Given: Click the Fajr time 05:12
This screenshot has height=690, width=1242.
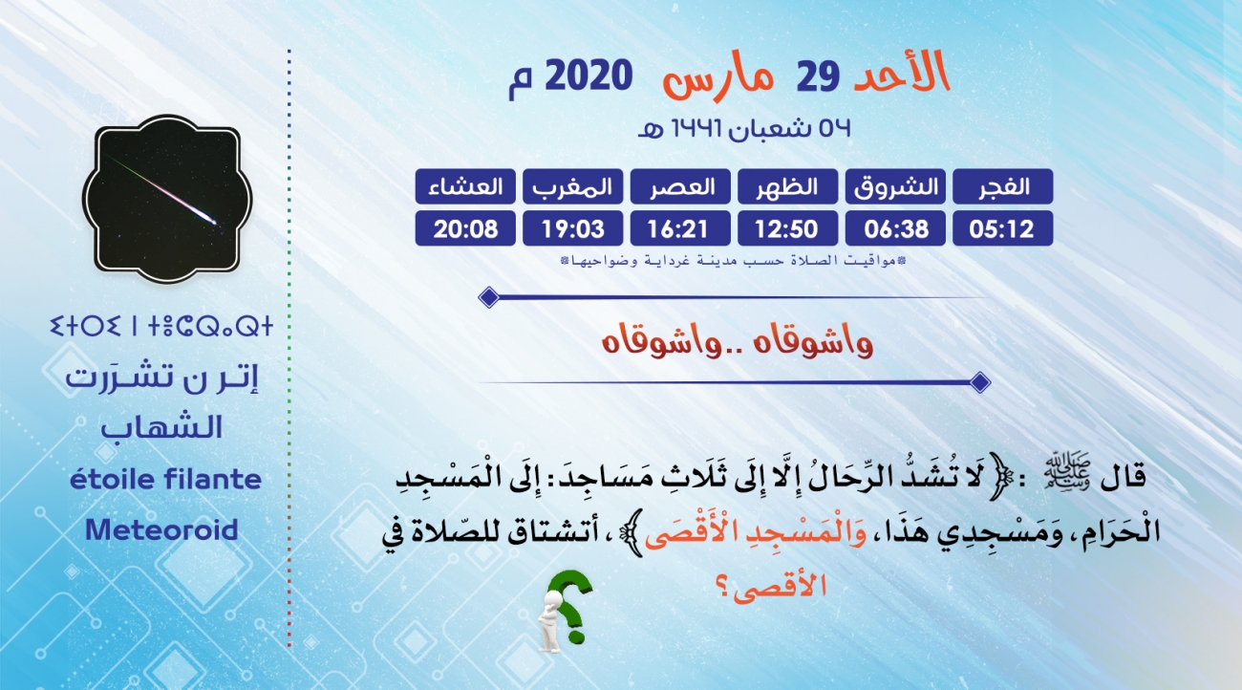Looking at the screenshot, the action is pos(1002,228).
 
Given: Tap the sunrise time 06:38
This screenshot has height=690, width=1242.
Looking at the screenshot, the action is pos(895,228).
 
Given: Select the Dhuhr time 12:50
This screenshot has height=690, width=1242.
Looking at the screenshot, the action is pos(787,228).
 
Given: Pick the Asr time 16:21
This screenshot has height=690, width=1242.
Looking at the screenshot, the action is pos(680,228).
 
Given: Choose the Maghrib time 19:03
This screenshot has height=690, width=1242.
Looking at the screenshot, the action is pos(573,228).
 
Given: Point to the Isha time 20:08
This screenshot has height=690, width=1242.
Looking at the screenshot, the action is pos(465,228).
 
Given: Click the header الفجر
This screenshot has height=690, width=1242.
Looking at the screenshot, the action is pos(1002,186).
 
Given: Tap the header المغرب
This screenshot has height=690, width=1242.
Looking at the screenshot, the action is pos(573,186).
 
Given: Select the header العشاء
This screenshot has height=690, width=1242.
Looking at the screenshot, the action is pos(465,186).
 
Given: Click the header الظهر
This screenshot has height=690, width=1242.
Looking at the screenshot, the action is pos(787,186).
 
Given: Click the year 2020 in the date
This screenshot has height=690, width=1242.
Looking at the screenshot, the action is pos(589,75).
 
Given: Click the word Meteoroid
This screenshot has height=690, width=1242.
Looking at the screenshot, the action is pos(161,529).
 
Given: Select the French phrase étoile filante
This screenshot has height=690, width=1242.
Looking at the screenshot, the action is pos(166,479).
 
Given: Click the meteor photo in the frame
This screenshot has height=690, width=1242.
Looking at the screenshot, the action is pos(167,199).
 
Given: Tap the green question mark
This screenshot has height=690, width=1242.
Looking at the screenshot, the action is pos(569,606).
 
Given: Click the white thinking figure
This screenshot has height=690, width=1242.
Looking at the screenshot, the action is pos(551,621).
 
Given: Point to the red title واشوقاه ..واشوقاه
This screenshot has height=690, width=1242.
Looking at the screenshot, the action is pos(738,340).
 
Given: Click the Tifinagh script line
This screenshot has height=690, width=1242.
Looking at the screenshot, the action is pos(161,326).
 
